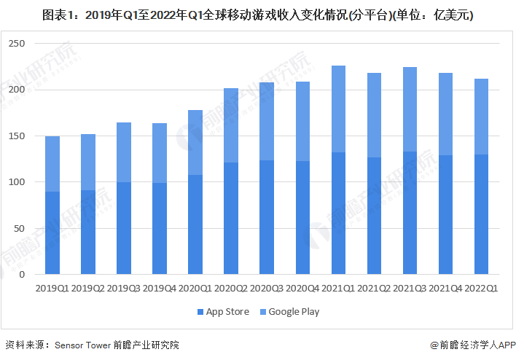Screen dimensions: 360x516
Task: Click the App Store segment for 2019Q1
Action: [52, 233]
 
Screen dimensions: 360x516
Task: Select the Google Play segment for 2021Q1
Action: [338, 109]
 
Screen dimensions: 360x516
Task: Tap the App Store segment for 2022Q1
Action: [481, 215]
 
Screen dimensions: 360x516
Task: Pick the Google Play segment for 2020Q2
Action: [231, 125]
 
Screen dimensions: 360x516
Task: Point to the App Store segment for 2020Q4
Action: [302, 218]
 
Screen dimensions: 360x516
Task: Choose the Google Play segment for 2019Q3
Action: [124, 152]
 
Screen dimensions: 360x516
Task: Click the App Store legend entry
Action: [224, 312]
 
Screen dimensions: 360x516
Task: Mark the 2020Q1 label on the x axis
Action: [195, 289]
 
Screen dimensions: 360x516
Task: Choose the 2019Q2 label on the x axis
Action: [87, 289]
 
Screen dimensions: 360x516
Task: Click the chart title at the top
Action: [258, 14]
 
